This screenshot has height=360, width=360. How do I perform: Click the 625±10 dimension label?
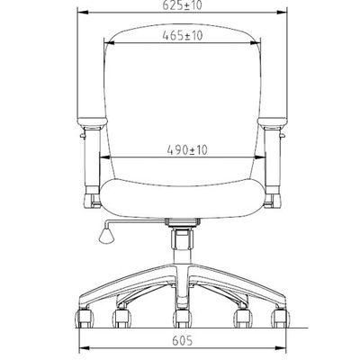(183, 5)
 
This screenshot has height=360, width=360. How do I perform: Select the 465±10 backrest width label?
(183, 36)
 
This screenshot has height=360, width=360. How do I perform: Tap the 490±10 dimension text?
(187, 150)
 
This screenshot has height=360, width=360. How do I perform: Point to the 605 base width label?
(183, 340)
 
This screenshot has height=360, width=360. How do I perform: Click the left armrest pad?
(92, 122)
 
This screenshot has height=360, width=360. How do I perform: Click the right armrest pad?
(273, 122)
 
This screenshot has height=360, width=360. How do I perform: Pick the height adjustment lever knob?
(106, 236)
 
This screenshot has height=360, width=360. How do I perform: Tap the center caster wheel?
(182, 319)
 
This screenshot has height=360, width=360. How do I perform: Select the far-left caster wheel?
(84, 319)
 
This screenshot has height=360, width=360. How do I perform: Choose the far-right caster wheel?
(281, 319)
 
